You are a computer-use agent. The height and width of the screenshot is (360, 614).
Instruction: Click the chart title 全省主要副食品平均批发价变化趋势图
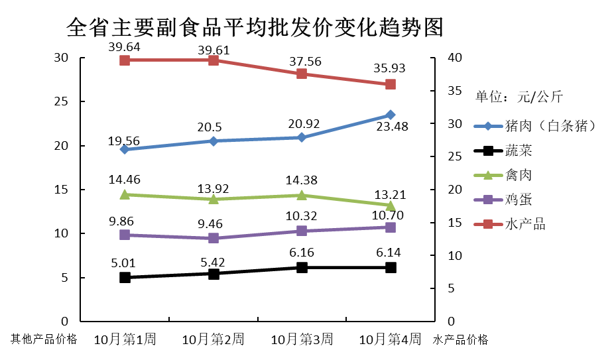[255, 28]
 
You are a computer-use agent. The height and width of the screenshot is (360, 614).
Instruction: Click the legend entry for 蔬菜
[518, 150]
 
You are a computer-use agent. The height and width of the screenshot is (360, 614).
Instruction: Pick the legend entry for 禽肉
[518, 175]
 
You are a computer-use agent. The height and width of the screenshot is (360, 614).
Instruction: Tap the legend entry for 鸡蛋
[518, 200]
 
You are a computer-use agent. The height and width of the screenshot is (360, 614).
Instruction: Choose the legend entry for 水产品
[524, 224]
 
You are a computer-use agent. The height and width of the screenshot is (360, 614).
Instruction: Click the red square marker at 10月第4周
[391, 84]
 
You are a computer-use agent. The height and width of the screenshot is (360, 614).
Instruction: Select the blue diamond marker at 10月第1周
[125, 149]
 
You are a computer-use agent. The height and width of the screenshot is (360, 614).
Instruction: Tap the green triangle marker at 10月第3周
[302, 195]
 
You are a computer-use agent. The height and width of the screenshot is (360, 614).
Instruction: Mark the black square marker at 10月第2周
[214, 273]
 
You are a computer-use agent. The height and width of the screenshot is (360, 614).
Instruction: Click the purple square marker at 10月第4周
[391, 227]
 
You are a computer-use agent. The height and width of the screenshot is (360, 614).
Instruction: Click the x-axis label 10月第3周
[302, 339]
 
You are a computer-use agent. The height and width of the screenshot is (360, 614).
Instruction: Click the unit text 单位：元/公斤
[519, 97]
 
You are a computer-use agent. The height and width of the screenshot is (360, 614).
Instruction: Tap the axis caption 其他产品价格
[44, 339]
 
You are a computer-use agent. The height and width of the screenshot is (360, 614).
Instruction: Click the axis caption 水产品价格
[461, 339]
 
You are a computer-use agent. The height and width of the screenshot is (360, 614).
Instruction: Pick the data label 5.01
[125, 265]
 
